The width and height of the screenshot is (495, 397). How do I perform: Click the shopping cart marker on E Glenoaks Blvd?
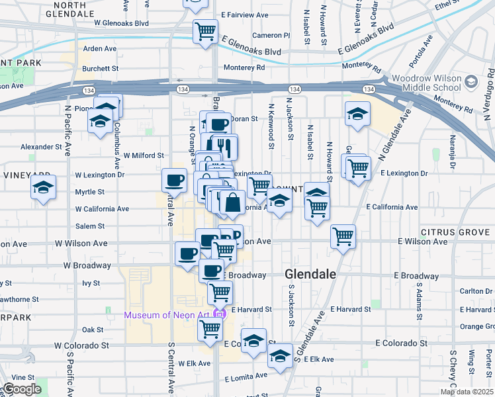206,30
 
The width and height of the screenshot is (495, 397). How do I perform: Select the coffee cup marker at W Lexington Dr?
175,179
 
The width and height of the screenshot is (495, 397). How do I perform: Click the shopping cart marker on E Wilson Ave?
343,236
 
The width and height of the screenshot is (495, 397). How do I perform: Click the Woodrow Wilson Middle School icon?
471,81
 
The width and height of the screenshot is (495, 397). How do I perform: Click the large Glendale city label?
310,274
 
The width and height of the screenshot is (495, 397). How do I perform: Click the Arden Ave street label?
99,49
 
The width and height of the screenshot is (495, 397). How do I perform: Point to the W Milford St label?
142,155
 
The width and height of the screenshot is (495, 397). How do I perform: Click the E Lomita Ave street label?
246,377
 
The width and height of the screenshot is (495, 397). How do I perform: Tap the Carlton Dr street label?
475,291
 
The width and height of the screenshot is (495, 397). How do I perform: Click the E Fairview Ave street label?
244,14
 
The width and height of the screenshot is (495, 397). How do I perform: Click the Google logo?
22,389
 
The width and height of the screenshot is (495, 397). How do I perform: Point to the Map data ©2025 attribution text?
467,392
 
